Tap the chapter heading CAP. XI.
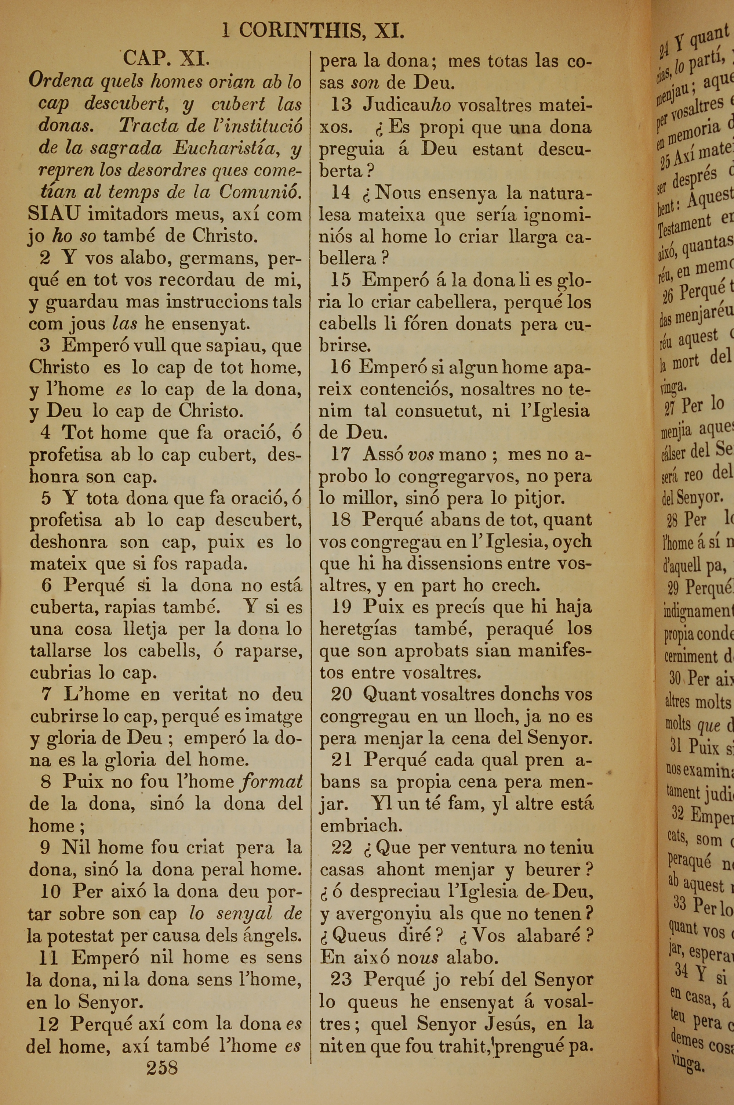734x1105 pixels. pos(166,60)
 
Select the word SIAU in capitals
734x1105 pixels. pos(53,214)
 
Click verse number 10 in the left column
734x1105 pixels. pos(50,892)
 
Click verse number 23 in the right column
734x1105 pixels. pos(341,979)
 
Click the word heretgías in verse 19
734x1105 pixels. pos(359,629)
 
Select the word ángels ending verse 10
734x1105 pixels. pos(277,935)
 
